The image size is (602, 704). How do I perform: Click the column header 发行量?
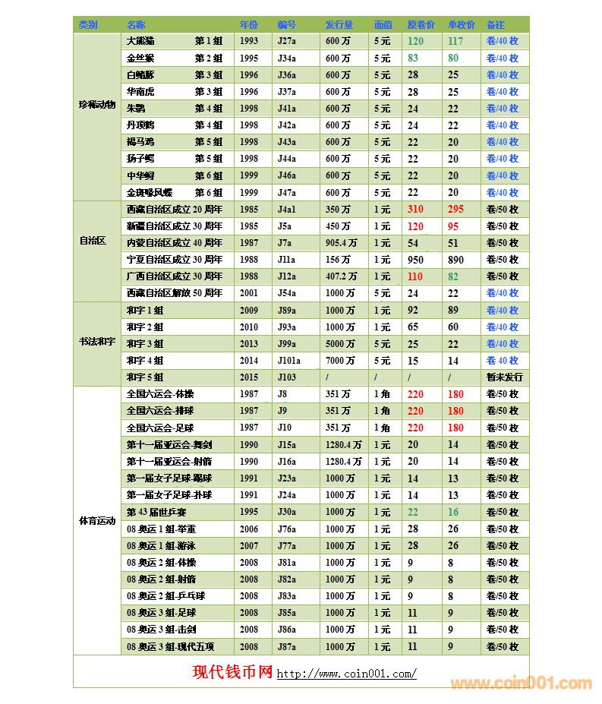point(339,25)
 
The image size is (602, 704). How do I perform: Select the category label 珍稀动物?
point(96,104)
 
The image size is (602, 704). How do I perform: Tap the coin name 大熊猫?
point(140,41)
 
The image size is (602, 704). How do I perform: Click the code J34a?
point(287,58)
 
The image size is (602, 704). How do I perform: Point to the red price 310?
point(415,209)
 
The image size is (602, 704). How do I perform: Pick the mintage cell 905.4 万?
point(341,243)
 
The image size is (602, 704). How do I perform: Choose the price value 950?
point(415,260)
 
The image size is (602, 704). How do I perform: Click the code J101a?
point(289,361)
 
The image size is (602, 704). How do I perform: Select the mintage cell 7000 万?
point(340,361)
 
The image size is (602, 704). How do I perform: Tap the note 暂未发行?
point(504,377)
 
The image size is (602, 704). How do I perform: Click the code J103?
point(287,377)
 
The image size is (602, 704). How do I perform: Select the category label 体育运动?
point(96,521)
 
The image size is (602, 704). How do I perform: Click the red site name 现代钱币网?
point(232,672)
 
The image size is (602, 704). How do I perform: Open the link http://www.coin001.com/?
point(346,674)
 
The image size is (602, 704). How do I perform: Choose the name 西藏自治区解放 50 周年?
point(175,293)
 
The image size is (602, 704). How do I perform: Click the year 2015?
point(249,377)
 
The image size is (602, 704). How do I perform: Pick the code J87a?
point(287,646)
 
